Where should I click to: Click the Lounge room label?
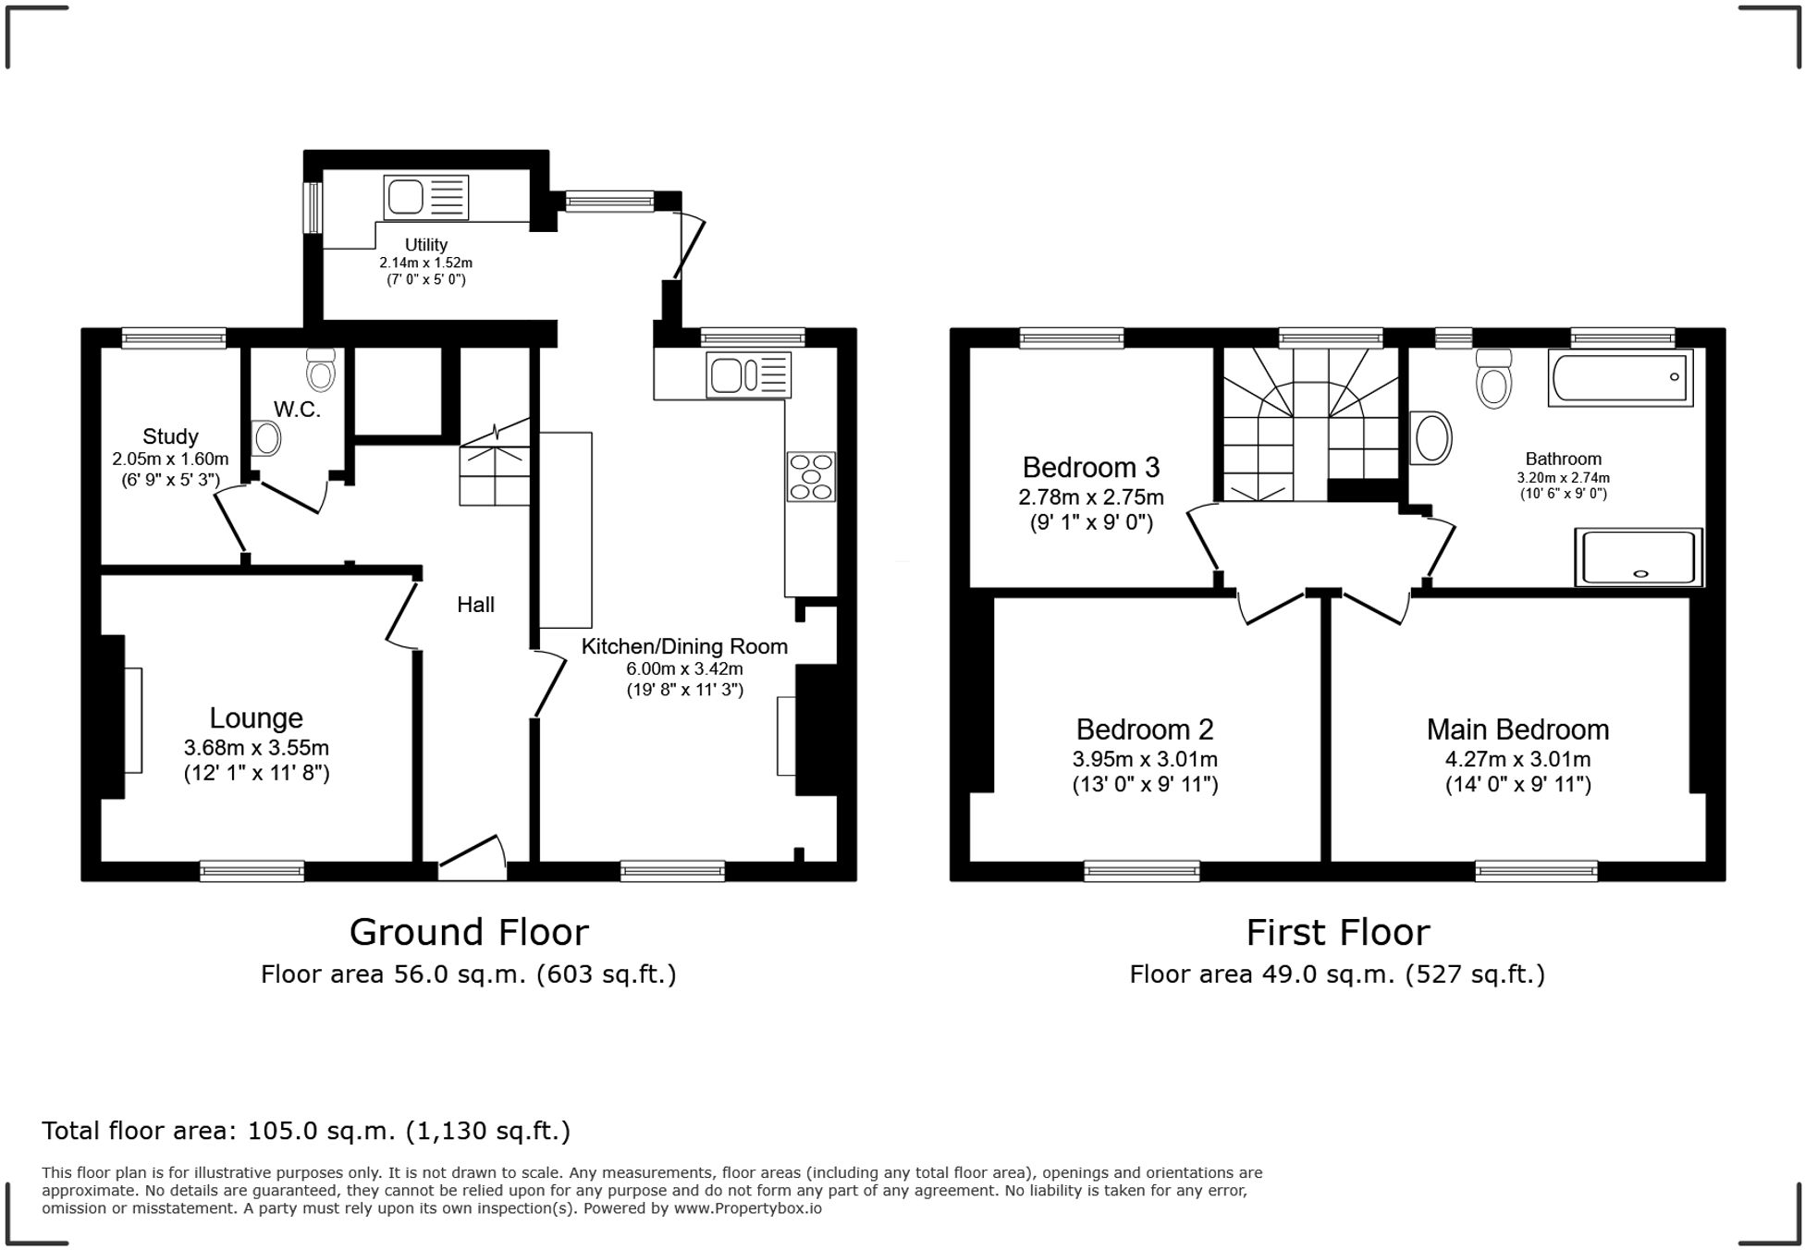pyautogui.click(x=256, y=718)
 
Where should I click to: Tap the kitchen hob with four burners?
pyautogui.click(x=811, y=476)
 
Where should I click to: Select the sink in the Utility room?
pyautogui.click(x=426, y=197)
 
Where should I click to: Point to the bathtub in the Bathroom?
pyautogui.click(x=1620, y=377)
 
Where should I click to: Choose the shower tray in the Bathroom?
pyautogui.click(x=1639, y=558)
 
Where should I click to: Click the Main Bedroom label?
pyautogui.click(x=1517, y=729)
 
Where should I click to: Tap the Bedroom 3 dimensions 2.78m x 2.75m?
pyautogui.click(x=1091, y=497)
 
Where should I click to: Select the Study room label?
pyautogui.click(x=170, y=436)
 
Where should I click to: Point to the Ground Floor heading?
pyautogui.click(x=469, y=932)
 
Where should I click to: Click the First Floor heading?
pyautogui.click(x=1337, y=932)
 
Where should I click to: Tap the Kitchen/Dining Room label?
pyautogui.click(x=684, y=646)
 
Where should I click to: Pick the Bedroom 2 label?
pyautogui.click(x=1145, y=729)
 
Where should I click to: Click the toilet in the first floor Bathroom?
pyautogui.click(x=1494, y=379)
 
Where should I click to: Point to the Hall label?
pyautogui.click(x=475, y=605)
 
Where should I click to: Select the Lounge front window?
pyautogui.click(x=252, y=870)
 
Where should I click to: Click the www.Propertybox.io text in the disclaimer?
pyautogui.click(x=747, y=1208)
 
